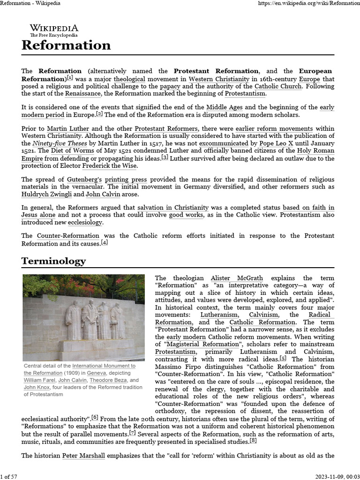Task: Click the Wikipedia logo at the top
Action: coord(54,30)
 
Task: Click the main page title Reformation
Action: coord(66,45)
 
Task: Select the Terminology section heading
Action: coord(54,261)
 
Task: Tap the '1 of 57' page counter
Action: coord(9,476)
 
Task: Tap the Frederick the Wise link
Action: coord(110,165)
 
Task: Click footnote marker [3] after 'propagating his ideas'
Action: coord(165,157)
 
